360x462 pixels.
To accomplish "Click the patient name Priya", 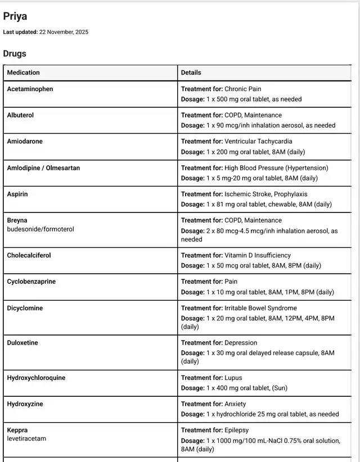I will (15, 16).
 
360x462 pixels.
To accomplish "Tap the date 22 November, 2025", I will (64, 32).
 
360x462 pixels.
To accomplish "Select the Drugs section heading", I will (15, 54).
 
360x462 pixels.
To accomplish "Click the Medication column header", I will (24, 73).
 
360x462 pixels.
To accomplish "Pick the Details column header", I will (191, 73).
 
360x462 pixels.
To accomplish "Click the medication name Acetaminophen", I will (30, 89).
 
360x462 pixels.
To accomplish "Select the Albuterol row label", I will (20, 115).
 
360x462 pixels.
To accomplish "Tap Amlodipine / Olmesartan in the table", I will (43, 168).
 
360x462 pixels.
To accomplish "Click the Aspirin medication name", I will (17, 194).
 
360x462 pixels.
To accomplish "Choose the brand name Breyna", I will (17, 220).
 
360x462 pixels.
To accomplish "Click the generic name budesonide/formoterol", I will (40, 229).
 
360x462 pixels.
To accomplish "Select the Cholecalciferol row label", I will (29, 255).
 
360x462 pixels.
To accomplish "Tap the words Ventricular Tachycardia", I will (258, 142).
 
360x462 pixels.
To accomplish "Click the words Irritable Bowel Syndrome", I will (260, 308).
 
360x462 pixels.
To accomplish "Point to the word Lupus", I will (233, 378).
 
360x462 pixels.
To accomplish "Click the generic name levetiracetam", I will (26, 439).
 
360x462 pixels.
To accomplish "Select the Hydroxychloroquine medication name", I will (36, 378).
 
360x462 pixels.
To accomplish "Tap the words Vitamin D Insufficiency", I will (258, 255).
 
